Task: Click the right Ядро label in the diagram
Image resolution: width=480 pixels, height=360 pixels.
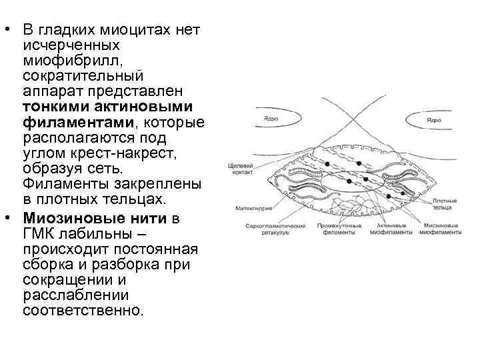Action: click(x=433, y=120)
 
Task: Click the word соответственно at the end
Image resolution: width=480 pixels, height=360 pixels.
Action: click(x=82, y=311)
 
